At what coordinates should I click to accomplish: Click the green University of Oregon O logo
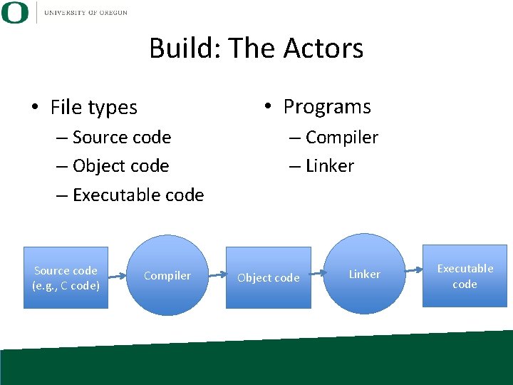[x=15, y=13]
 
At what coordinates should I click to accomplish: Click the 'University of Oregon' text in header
[x=85, y=13]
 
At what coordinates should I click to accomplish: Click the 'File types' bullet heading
[x=93, y=108]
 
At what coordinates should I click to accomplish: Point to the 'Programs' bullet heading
[x=326, y=107]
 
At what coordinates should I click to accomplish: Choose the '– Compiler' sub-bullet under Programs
[x=333, y=137]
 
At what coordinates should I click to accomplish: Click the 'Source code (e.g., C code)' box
[x=66, y=277]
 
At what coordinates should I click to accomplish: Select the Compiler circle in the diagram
[x=167, y=275]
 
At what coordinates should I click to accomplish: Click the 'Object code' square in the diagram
[x=269, y=277]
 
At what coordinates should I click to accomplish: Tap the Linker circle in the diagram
[x=364, y=274]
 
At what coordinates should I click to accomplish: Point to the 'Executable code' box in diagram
[x=465, y=276]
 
